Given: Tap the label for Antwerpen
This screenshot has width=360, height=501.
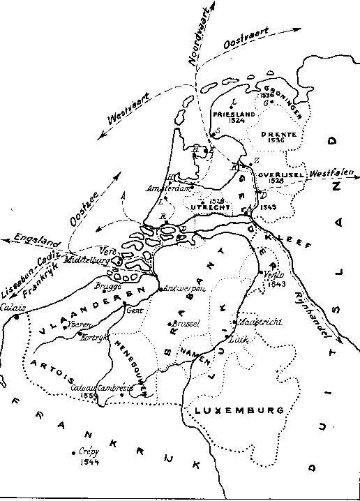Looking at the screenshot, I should (181, 288).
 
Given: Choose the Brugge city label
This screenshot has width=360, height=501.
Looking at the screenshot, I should (110, 287).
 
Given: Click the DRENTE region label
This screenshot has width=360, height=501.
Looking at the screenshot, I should (278, 134).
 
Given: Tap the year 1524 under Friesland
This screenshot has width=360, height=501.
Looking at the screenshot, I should (237, 120).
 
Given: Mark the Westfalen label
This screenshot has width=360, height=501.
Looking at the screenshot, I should (331, 172).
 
